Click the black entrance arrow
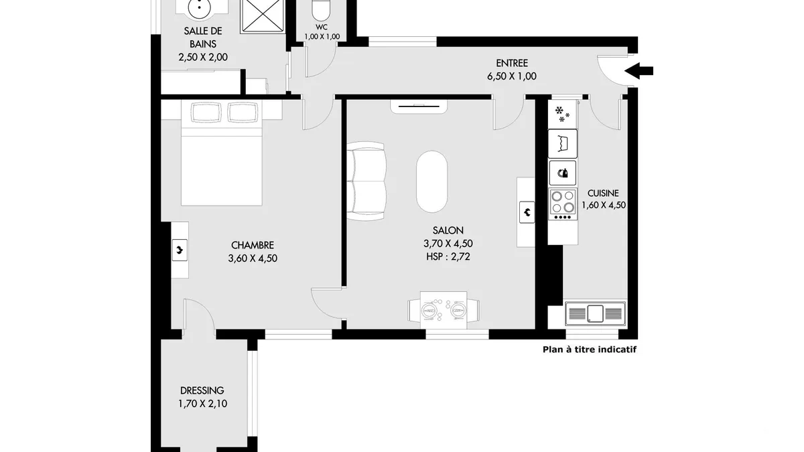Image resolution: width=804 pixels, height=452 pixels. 639,71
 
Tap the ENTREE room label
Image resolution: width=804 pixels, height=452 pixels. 512,63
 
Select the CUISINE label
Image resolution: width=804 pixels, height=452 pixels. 603,194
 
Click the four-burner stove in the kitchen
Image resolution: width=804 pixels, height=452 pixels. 562,204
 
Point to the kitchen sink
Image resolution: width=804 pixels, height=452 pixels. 595,313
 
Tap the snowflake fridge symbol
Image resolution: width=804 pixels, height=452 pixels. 562,114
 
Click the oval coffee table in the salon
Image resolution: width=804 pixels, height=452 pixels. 432,181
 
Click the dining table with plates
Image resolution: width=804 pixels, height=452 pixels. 444,310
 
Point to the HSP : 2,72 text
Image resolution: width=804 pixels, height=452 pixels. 448,257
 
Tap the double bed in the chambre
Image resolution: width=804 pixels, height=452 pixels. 222,153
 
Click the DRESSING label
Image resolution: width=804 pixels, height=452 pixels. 202,390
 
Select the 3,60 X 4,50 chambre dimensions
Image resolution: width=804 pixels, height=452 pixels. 253,258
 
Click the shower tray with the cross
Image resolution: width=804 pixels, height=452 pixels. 263,17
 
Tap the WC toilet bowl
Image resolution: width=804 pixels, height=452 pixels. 321,10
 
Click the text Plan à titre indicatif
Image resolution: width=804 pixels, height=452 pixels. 590,350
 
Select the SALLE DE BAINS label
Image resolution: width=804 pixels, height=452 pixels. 203,37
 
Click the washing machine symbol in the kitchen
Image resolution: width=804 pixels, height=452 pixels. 563,144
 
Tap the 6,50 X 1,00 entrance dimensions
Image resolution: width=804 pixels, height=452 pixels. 512,76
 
